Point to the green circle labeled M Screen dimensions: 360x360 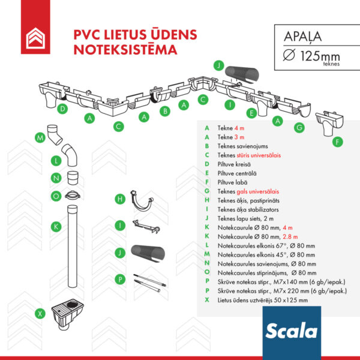(x=40, y=138)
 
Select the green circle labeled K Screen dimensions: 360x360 (x=55, y=226)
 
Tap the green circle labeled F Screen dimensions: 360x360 (x=338, y=142)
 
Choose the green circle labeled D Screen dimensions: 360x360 (x=62, y=109)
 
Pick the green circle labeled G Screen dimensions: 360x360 (x=298, y=128)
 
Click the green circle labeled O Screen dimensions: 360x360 (x=55, y=196)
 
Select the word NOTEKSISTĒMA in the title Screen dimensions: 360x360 (x=125, y=50)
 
